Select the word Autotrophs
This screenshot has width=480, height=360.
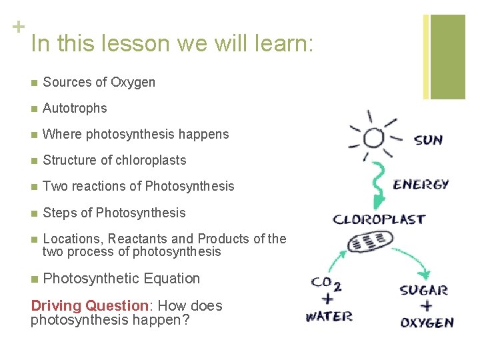point(75,108)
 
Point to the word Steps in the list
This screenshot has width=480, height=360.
point(59,213)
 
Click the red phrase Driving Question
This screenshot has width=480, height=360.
point(90,306)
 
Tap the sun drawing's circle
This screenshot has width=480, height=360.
point(373,138)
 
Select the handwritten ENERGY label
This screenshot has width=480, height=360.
point(421,185)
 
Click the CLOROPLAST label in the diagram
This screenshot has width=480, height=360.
point(379,219)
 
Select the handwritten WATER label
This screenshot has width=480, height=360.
point(329,315)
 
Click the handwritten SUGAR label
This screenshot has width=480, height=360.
point(423,290)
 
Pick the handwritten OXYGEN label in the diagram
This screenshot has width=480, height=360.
point(427,322)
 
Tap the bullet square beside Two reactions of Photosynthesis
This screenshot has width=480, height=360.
point(34,187)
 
